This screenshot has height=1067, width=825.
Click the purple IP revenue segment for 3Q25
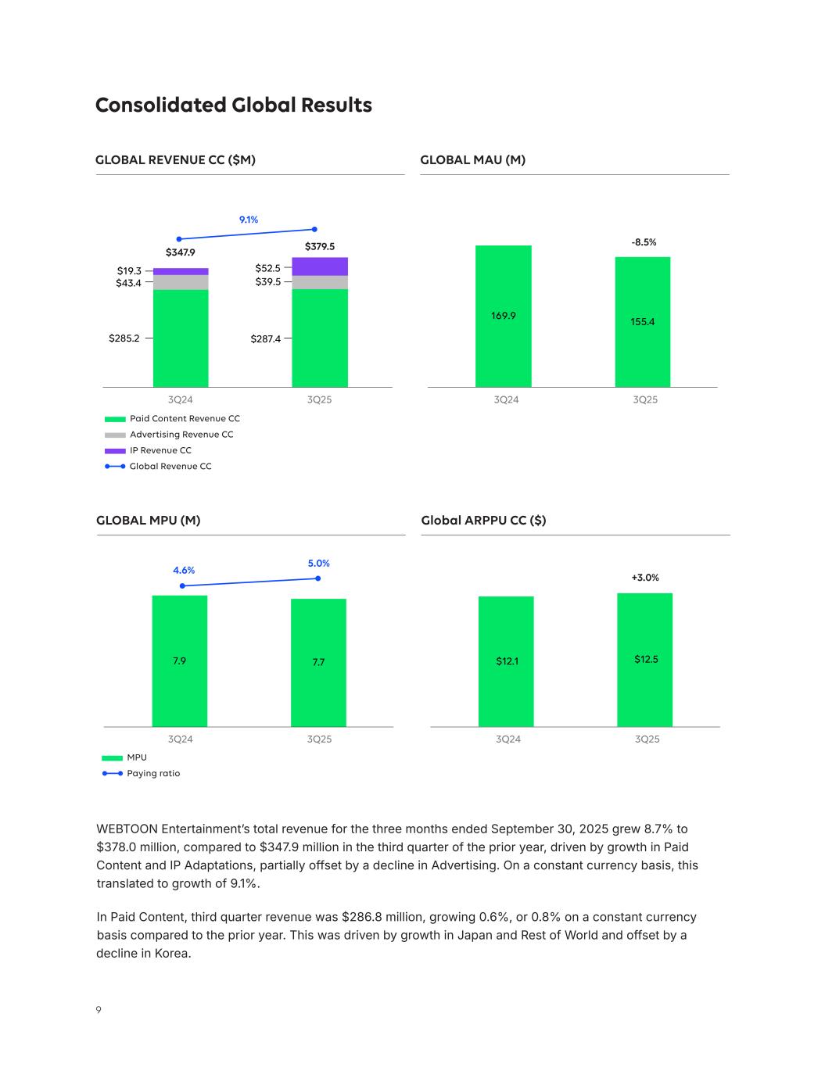(320, 267)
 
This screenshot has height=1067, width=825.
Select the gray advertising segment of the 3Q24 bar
(181, 282)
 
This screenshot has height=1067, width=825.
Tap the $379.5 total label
(319, 247)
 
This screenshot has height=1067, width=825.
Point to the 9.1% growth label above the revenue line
(249, 220)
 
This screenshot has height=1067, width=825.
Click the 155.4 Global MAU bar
(642, 321)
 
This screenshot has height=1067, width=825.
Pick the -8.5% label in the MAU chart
(644, 242)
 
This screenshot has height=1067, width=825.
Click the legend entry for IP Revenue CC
(160, 450)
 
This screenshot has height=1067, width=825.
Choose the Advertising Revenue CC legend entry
(181, 435)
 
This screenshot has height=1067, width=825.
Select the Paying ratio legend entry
(153, 773)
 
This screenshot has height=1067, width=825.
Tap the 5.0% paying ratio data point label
(318, 563)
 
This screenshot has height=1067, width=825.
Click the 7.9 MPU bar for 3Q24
(180, 661)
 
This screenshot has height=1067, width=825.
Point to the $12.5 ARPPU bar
(645, 660)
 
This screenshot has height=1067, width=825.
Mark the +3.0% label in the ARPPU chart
(645, 578)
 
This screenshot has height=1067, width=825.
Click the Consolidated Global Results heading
(233, 106)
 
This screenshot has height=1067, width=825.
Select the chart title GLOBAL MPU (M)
(148, 521)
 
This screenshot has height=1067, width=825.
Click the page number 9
(99, 1010)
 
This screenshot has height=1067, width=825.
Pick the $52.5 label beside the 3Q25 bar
(267, 267)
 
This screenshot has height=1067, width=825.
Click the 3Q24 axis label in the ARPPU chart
(508, 739)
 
